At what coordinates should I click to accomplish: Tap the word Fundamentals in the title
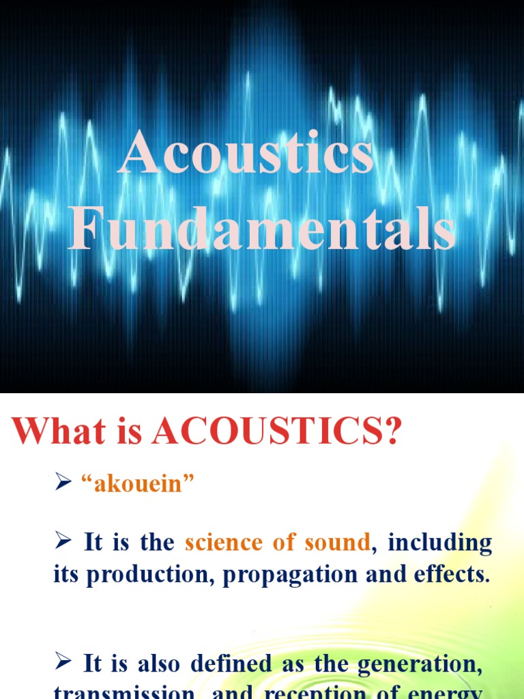pos(262,231)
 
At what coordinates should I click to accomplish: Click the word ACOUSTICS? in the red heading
pos(276,431)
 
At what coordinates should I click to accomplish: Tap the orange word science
pos(223,543)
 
